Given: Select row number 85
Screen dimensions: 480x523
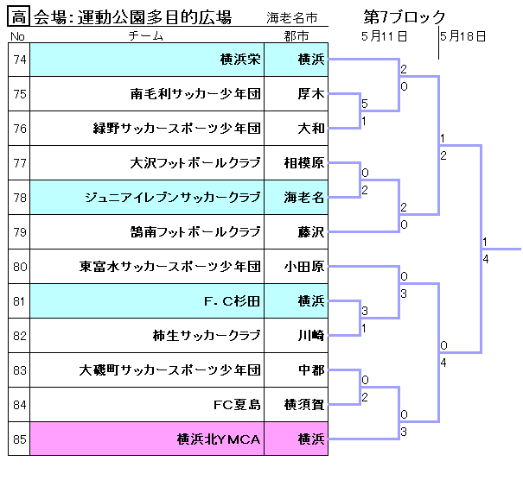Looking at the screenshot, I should (20, 439).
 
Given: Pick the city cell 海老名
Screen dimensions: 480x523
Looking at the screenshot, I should (304, 198).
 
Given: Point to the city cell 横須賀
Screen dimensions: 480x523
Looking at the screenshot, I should (304, 405).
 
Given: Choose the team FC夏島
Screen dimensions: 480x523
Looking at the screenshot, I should (237, 405).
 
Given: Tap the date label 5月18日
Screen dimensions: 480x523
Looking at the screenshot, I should (462, 36).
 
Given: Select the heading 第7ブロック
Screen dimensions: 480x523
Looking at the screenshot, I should (405, 16).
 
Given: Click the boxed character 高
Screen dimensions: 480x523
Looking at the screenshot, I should (20, 17).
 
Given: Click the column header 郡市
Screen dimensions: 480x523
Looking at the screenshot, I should (297, 36).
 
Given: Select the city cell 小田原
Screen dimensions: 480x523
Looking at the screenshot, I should (304, 267).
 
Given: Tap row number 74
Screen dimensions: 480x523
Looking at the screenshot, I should (20, 60).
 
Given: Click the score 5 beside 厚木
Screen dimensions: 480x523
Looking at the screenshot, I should (365, 104).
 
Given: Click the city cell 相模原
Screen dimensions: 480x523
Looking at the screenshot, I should (304, 163).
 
